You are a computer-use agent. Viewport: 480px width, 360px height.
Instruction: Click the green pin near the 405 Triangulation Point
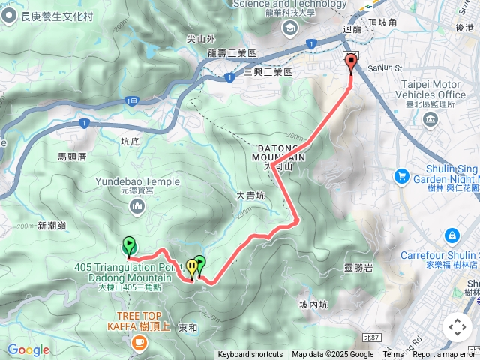pos(129,245)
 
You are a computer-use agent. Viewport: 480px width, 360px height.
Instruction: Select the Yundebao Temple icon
pos(137,205)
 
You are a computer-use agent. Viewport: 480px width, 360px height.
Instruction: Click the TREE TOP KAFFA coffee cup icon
pos(137,341)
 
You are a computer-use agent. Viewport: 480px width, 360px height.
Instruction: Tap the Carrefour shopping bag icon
pos(451,236)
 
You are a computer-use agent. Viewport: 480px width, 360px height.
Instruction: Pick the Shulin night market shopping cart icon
pos(402,176)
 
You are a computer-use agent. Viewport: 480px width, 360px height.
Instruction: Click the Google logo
pos(28,349)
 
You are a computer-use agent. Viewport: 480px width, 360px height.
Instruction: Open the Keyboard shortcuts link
pos(250,355)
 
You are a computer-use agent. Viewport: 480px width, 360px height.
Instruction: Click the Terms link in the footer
pos(393,355)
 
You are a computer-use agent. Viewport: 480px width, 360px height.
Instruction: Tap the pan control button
pos(457,327)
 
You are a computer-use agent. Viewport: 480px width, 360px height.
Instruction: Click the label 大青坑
pos(250,195)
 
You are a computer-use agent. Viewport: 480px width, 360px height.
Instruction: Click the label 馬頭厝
pos(73,157)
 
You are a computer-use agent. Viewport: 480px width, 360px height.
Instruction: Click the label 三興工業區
pos(268,71)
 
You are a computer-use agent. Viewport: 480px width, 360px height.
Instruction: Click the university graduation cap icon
pos(289,28)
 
